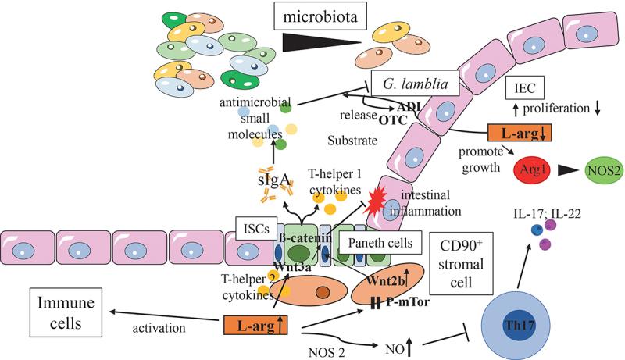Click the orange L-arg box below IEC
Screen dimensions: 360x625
click(x=516, y=134)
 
